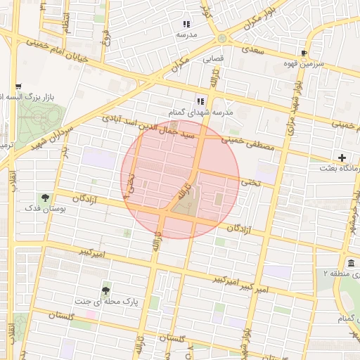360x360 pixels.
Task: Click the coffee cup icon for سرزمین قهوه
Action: [304, 53]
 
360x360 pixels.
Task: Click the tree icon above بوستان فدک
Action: [46, 198]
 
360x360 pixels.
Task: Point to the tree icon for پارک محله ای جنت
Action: [105, 290]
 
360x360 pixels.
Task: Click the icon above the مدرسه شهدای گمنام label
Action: [200, 101]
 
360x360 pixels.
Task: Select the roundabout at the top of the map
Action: [222, 38]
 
